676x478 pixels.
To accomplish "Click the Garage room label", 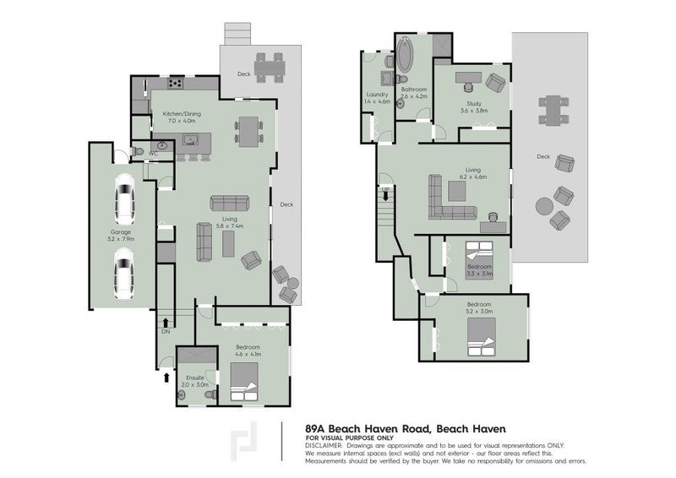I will (120, 234).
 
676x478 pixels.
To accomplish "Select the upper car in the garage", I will (123, 199).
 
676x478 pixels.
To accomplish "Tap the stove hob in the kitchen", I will (176, 83).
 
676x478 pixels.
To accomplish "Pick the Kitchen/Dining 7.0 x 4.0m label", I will (183, 117).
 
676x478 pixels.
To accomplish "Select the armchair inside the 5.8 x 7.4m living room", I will (251, 260).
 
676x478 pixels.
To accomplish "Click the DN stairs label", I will (166, 332).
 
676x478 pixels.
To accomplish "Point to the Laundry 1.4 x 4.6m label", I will (377, 98).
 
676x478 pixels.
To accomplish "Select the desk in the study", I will (467, 79).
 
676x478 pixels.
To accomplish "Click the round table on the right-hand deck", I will (543, 204).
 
